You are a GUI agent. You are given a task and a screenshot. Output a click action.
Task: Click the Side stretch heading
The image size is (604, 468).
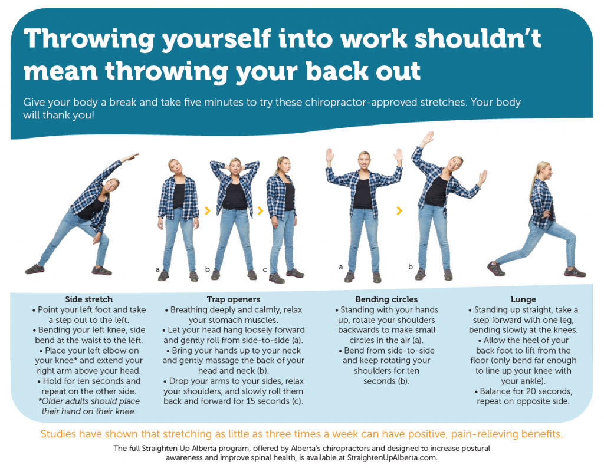(88, 299)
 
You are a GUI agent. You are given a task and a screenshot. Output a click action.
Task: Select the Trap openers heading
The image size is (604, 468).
(234, 299)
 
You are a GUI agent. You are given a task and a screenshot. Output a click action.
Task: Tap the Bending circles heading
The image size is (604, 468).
(386, 299)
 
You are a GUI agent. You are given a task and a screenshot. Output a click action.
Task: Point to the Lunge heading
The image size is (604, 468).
(523, 299)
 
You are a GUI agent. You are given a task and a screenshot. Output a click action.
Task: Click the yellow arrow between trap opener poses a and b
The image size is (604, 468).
(207, 209)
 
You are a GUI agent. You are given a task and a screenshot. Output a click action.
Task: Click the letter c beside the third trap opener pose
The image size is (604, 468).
(265, 270)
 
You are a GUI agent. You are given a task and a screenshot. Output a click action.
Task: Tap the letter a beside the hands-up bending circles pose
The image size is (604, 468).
(340, 267)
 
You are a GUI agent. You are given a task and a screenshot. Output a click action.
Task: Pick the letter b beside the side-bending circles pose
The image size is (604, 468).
(411, 267)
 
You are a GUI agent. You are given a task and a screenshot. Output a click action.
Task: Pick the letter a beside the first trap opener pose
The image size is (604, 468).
(157, 269)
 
